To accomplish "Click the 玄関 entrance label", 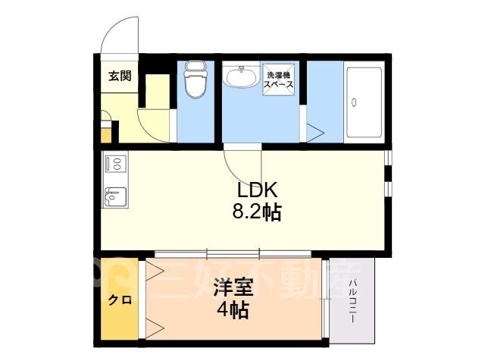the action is [x=120, y=76].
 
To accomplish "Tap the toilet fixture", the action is [x=196, y=79].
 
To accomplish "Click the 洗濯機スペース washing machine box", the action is [x=278, y=79].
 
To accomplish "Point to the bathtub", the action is [x=364, y=102].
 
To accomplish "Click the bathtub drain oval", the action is [x=354, y=102].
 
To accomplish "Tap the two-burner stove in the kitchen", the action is [x=114, y=163].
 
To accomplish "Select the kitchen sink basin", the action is [x=115, y=197].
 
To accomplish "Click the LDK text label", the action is [x=257, y=190].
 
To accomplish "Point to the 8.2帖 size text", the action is [x=256, y=212].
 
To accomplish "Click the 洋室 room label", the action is [x=233, y=287].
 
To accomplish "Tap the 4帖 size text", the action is [x=233, y=310].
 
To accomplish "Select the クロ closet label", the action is [x=120, y=300].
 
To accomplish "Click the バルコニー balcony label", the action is [x=352, y=302].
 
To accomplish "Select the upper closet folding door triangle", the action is [x=155, y=271].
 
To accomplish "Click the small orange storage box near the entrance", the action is [x=106, y=135].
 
